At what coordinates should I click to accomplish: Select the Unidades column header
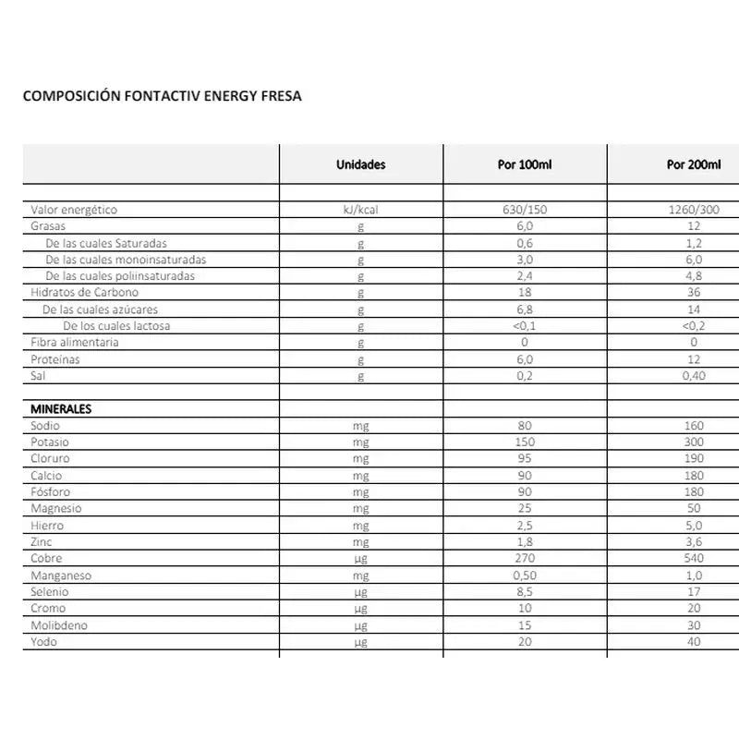tap(360, 165)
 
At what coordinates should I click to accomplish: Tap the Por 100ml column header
tap(524, 165)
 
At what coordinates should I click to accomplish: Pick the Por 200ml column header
tap(693, 165)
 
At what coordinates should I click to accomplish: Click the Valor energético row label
tap(74, 210)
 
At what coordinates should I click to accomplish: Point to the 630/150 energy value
tap(524, 210)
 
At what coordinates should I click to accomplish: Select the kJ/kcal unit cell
tap(360, 210)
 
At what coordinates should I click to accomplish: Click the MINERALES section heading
tap(61, 409)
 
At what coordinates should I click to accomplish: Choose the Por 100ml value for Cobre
tap(524, 559)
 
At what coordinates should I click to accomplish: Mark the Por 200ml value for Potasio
tap(693, 442)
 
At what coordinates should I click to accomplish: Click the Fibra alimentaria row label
tap(75, 343)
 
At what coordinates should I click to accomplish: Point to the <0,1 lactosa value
tap(524, 326)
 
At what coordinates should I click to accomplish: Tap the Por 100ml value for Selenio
tap(524, 592)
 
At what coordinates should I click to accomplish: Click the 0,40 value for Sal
tap(693, 376)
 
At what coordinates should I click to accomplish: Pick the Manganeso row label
tap(61, 575)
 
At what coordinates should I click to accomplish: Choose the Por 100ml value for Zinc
tap(524, 542)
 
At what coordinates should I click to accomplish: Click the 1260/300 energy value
tap(693, 210)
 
